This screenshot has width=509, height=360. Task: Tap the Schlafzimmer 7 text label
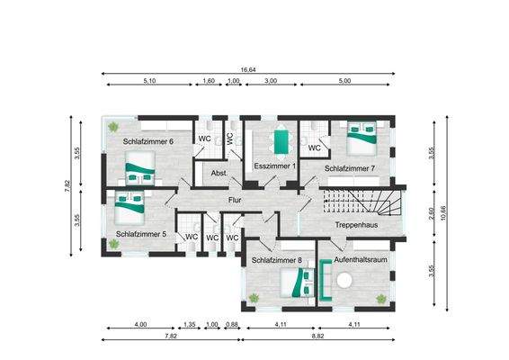[350, 168]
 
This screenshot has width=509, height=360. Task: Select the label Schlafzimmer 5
[141, 234]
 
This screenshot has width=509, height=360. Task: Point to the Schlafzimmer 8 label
[276, 260]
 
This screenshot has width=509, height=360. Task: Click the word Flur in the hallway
[237, 200]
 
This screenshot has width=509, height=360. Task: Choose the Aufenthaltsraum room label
[360, 260]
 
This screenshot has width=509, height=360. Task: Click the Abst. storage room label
[219, 174]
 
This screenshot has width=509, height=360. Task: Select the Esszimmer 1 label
[276, 167]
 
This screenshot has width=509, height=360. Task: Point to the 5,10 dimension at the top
[149, 81]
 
